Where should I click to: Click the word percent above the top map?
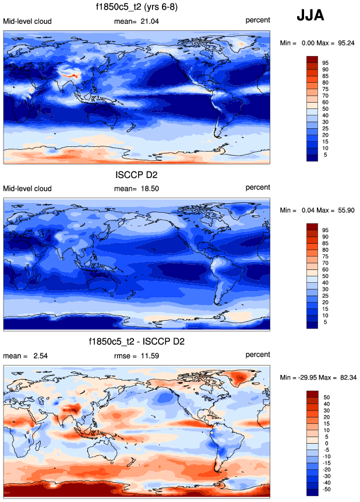pyautogui.click(x=257, y=21)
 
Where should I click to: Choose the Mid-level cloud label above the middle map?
pyautogui.click(x=27, y=188)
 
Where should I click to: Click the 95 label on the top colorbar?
pyautogui.click(x=326, y=62)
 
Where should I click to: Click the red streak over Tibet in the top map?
pyautogui.click(x=72, y=75)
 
